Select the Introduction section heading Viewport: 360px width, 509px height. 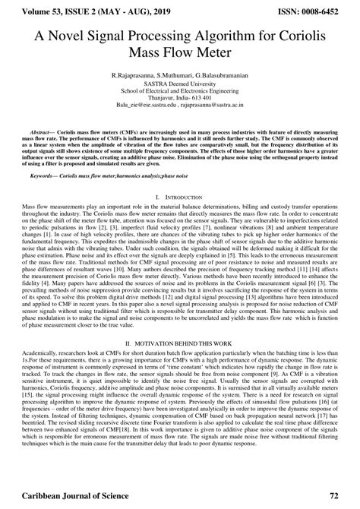183,196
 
